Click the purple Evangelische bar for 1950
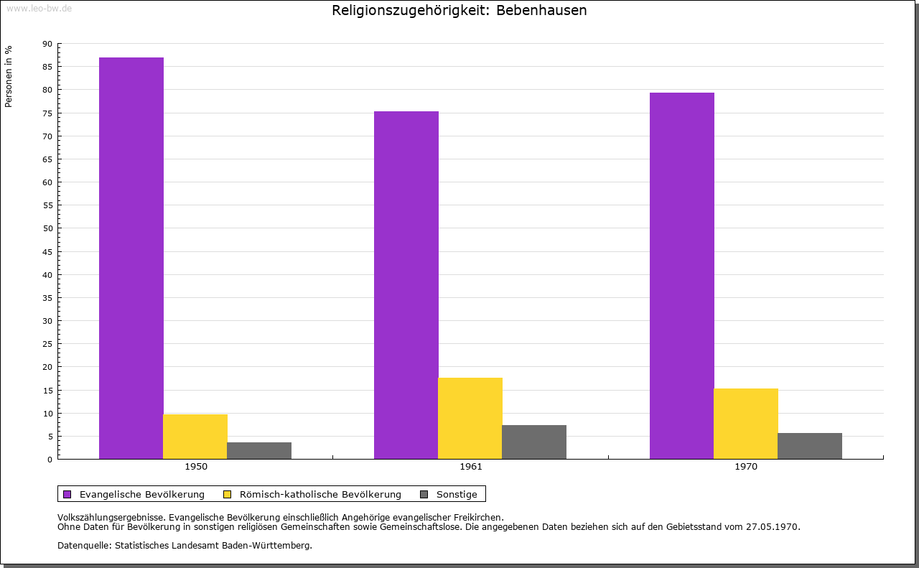131,258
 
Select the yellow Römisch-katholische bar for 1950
195,437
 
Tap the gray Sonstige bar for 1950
259,450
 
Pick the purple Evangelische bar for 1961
406,285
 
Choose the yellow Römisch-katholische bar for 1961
470,418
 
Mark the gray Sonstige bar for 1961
534,442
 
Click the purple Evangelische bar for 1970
682,276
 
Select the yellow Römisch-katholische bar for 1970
746,424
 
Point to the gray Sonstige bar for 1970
810,446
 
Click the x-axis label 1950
196,467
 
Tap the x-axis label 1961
471,467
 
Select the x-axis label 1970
746,467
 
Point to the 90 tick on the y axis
47,44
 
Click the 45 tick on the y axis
47,252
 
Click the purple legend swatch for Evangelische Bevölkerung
67,494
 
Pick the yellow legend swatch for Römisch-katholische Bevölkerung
228,494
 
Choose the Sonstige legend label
457,494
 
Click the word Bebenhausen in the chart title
541,11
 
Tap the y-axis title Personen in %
9,76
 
